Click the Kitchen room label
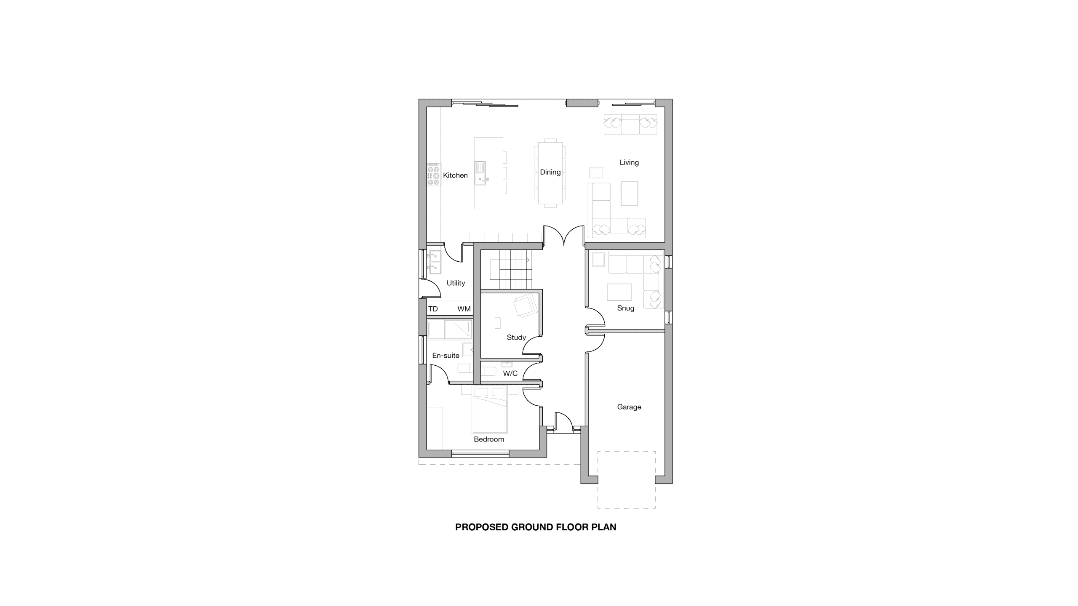(x=455, y=175)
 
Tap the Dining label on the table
(x=550, y=172)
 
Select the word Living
(x=629, y=162)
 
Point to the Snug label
(x=625, y=308)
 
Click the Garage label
(x=629, y=407)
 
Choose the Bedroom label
(x=489, y=439)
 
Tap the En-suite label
(x=446, y=356)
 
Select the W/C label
(x=510, y=373)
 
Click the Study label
(x=516, y=338)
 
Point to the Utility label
(x=456, y=283)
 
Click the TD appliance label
(x=433, y=309)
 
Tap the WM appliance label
(x=464, y=309)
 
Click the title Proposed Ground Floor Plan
(x=536, y=527)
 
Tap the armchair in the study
(x=526, y=305)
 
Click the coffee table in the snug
(x=619, y=292)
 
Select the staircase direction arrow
(x=510, y=260)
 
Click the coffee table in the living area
(x=629, y=194)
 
